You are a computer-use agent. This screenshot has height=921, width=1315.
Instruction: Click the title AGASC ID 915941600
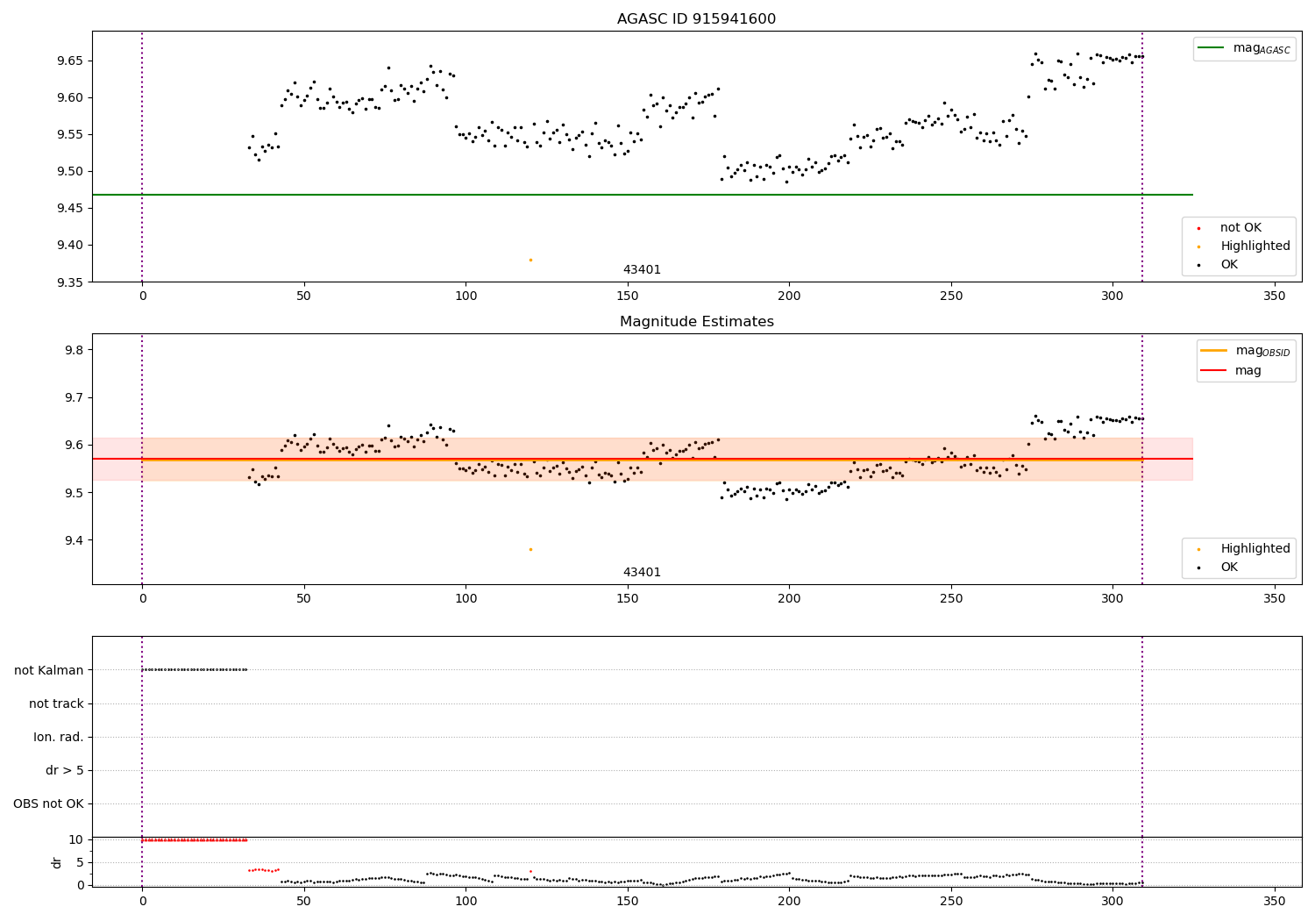tap(696, 19)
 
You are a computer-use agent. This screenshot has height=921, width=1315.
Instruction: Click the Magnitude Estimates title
tap(696, 322)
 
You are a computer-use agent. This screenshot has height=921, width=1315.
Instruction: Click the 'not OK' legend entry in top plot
tap(1240, 228)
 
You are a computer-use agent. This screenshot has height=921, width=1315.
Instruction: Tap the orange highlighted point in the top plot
tap(530, 260)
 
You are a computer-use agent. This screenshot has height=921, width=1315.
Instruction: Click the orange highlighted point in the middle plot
tap(530, 549)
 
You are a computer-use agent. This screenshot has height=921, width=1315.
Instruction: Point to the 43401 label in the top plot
tap(642, 270)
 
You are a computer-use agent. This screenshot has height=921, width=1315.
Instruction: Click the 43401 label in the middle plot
tap(642, 573)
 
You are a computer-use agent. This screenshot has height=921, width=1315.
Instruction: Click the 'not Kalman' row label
tap(49, 670)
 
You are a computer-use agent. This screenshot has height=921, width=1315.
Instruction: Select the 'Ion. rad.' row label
tap(58, 738)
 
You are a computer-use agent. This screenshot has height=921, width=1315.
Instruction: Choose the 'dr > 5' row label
tap(64, 771)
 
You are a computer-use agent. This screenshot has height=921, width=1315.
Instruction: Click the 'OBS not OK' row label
tap(48, 804)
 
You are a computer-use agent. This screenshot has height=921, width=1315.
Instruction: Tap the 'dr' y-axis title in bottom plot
tap(57, 862)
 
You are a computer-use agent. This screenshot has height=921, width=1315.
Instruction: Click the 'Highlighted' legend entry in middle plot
tap(1255, 549)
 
